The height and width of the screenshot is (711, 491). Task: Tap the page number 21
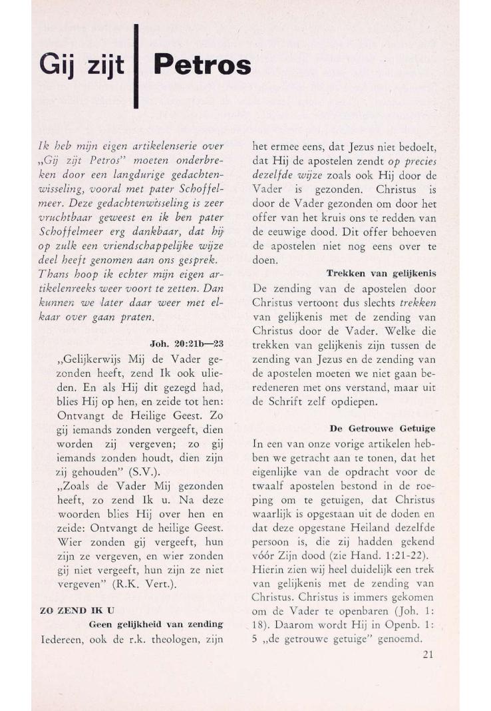coord(428,654)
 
